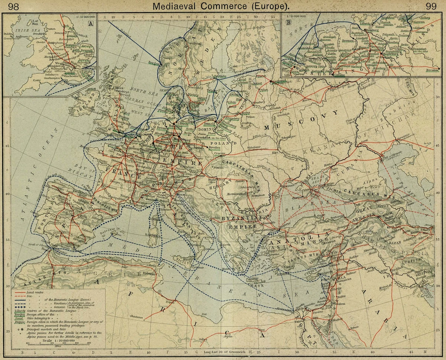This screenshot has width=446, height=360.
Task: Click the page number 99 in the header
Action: [431, 6]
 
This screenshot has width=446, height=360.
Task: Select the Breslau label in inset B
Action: [430, 70]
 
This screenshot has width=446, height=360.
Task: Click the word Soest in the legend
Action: [19, 319]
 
